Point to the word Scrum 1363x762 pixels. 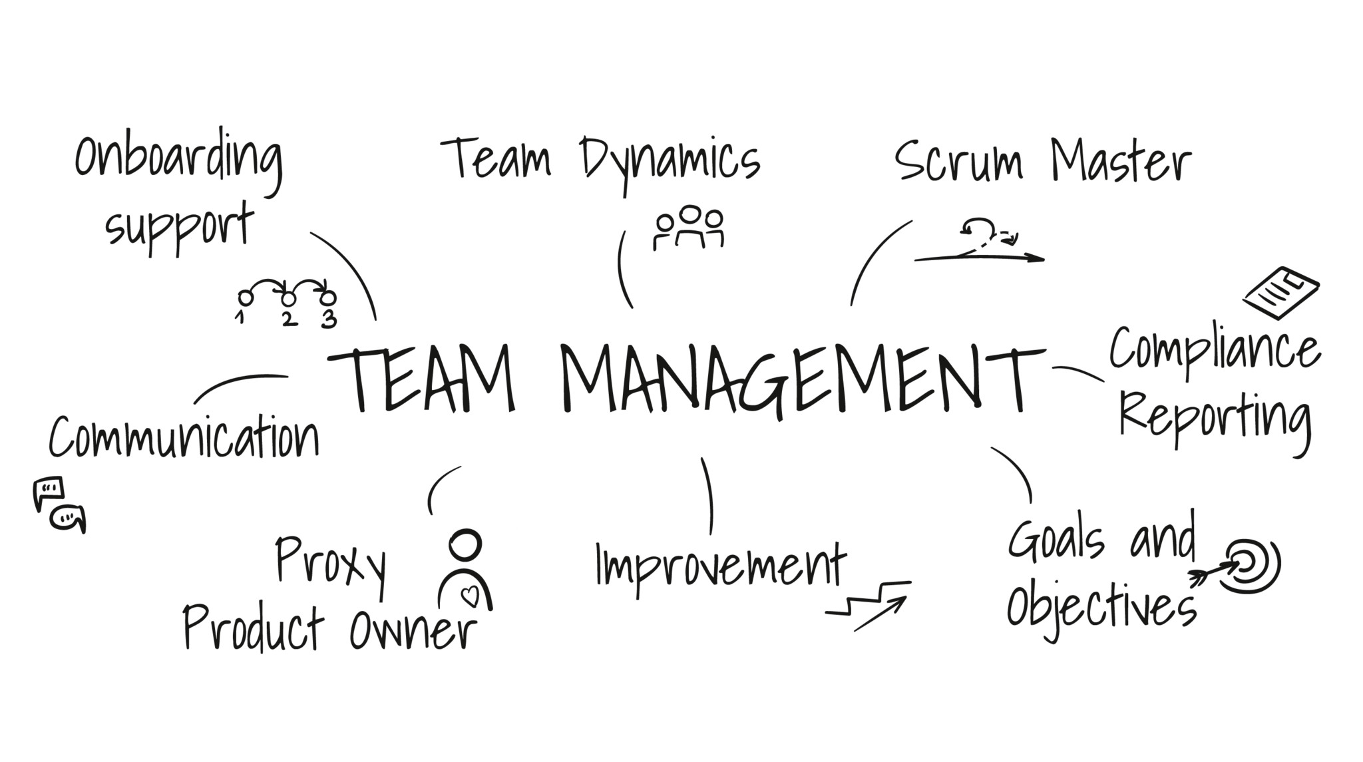click(958, 162)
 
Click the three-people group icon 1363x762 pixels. click(688, 228)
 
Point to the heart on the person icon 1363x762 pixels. click(471, 595)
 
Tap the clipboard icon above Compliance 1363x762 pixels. click(1281, 292)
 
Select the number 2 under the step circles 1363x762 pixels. click(288, 319)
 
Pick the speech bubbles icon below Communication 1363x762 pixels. click(59, 504)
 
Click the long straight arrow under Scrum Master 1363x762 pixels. click(978, 258)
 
